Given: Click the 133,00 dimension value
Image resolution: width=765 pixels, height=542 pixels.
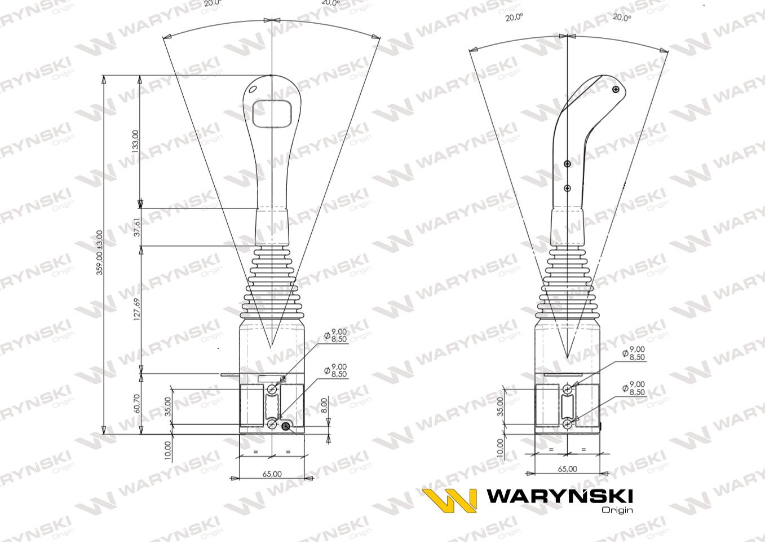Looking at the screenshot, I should click(135, 141).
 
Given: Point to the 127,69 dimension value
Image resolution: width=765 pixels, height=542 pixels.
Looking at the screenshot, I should click(135, 309).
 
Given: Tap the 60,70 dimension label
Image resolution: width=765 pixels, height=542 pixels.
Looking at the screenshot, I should click(135, 404).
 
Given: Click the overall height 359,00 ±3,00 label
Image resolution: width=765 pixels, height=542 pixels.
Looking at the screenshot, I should click(100, 252).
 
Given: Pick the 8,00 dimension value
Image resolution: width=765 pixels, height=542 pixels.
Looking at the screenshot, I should click(324, 405).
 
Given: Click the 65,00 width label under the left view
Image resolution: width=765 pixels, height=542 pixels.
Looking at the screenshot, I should click(272, 474).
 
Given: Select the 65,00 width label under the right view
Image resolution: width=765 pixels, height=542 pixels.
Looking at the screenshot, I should click(567, 469).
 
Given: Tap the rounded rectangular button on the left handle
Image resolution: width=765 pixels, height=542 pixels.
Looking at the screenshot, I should click(272, 113).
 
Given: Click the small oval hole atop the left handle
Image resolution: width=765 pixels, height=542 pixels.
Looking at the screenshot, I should click(253, 89).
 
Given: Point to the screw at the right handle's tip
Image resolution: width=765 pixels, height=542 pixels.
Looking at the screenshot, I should click(616, 89).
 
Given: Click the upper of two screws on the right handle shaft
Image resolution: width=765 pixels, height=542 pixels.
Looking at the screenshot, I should click(567, 164).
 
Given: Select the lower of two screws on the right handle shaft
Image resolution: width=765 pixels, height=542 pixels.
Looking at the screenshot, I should click(567, 188).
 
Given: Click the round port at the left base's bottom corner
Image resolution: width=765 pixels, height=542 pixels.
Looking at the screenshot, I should click(286, 426).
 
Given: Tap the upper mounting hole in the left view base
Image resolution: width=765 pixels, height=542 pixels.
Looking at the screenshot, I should click(272, 389).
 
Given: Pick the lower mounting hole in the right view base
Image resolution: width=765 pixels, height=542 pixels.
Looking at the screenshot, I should click(567, 423).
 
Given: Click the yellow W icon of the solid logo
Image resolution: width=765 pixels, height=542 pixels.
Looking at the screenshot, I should click(450, 500).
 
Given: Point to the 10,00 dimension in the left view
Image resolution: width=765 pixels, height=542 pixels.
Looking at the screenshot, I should click(168, 451).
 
